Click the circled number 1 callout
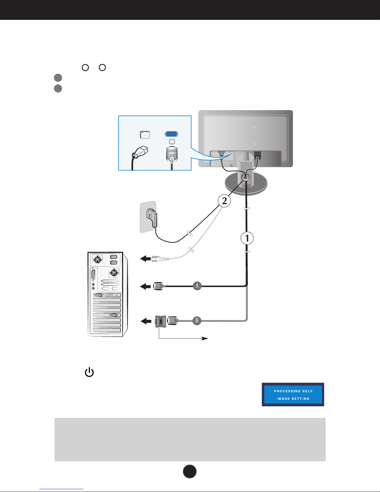[247, 238]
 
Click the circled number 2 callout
[224, 201]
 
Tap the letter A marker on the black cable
[197, 286]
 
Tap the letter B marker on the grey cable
[197, 320]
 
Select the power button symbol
[89, 372]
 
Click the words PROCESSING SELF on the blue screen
[293, 391]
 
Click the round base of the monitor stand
[245, 187]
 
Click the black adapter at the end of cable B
[161, 321]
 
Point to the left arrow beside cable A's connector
[145, 286]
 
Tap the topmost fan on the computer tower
[98, 260]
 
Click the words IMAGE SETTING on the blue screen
[293, 399]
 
